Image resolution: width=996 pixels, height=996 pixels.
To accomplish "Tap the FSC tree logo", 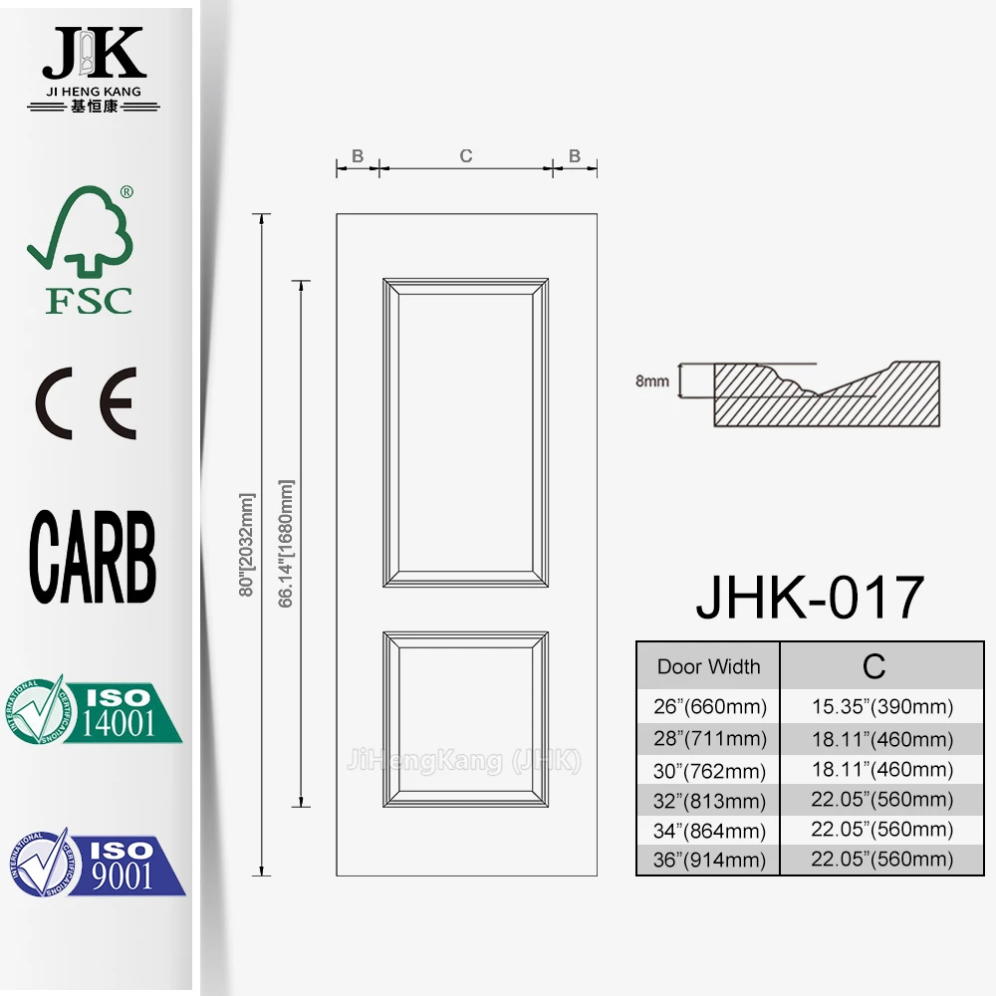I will (x=88, y=249).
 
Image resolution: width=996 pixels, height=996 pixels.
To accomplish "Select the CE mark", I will (x=87, y=404).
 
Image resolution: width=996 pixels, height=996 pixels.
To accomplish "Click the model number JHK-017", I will (x=810, y=598).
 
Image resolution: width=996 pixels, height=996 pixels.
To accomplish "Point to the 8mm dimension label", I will (x=651, y=380).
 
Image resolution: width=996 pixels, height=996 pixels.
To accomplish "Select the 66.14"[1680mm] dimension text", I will (x=287, y=545).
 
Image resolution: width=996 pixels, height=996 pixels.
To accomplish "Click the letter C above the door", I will (x=465, y=156).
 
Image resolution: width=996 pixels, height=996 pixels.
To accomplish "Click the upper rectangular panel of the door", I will (x=465, y=433).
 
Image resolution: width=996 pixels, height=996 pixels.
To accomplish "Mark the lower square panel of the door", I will (x=465, y=718).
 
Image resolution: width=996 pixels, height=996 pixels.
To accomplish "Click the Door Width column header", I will (x=708, y=667).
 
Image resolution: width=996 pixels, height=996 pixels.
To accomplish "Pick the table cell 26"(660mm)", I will (x=708, y=708).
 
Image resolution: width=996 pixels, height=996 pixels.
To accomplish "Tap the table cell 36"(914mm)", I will (x=708, y=861).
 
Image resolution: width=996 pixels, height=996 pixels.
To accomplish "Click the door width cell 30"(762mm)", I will (x=708, y=770).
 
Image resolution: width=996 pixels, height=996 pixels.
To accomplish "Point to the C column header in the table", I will (x=872, y=666).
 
